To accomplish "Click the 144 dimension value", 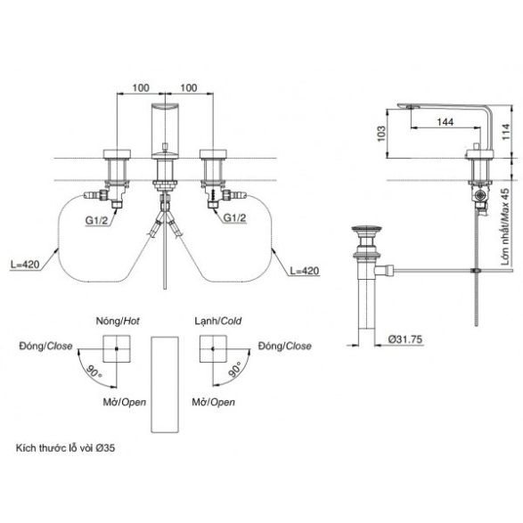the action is pos(445,122).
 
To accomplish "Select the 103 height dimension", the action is pos(381,134).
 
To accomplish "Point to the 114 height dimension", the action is pos(506,131).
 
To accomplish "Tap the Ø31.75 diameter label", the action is pos(405,339).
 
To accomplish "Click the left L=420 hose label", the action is pos(25,265).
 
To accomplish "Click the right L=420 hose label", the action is pos(304,271).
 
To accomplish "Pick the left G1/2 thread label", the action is pos(97,220).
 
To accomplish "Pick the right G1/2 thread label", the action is pos(234,217).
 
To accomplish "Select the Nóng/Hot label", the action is pos(118,321).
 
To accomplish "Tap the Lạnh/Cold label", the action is pos(218,321).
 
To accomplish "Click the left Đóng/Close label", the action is pos(45,346).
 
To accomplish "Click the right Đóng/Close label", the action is pos(285,346).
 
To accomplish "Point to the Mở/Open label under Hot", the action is pos(125,402).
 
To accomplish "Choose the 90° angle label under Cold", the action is pos(234,369).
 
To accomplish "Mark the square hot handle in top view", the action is pos(117,348).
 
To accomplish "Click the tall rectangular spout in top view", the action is pos(165,385).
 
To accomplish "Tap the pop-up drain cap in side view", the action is pos(366,229).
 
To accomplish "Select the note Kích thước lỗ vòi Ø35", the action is pos(65,447).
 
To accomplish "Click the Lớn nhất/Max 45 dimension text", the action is pos(506,227).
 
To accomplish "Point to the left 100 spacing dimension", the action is pos(141,87).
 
